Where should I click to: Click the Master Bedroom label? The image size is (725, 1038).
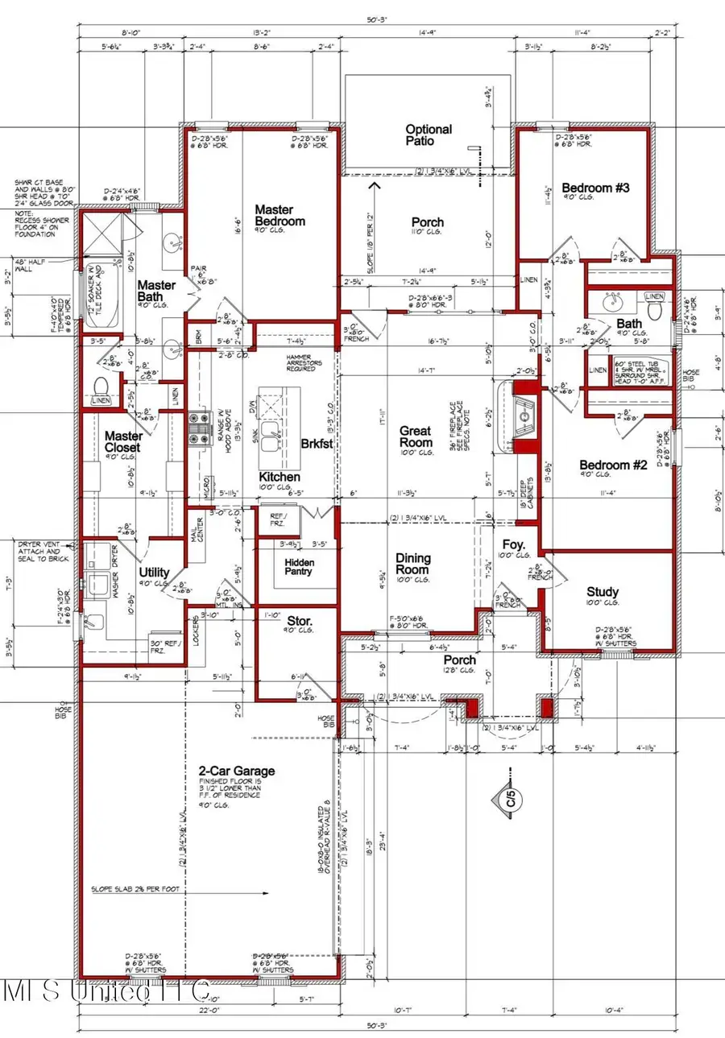pos(280,215)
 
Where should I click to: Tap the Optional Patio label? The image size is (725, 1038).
pos(428,134)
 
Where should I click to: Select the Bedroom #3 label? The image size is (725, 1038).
pos(595,187)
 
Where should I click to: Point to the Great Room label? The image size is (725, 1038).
pos(416,437)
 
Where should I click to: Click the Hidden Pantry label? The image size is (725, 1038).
pos(299,567)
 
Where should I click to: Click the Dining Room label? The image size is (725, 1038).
pos(412,564)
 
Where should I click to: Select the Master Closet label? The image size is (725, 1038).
pos(122,441)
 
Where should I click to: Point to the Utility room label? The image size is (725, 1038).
pos(153,571)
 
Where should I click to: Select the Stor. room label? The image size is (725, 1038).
pos(300,621)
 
